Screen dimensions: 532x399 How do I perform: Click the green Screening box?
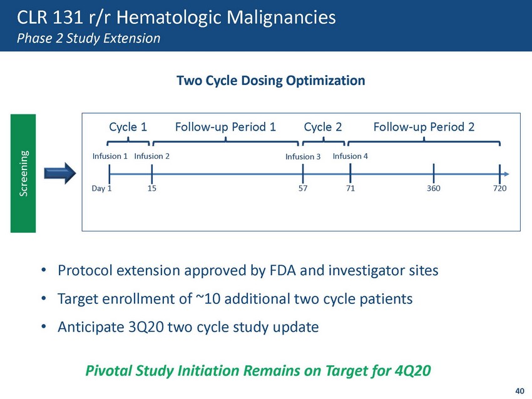(x=23, y=173)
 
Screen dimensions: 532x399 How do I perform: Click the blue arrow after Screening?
(x=60, y=173)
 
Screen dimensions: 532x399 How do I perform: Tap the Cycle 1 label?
(x=128, y=127)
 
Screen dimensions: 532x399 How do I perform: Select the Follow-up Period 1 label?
(x=225, y=127)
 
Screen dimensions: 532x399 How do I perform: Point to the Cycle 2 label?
(x=323, y=127)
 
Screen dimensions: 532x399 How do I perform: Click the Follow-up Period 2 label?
(x=424, y=127)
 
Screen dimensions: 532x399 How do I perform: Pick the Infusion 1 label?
(x=110, y=156)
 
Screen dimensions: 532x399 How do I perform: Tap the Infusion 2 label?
(x=151, y=156)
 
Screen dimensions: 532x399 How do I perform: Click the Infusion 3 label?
(x=303, y=156)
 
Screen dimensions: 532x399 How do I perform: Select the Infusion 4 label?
(x=350, y=156)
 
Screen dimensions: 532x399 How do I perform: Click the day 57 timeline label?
(x=303, y=188)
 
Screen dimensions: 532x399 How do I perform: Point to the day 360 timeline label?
(x=434, y=188)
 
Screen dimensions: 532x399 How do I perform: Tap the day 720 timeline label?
(x=500, y=188)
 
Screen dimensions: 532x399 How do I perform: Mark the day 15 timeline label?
(x=151, y=188)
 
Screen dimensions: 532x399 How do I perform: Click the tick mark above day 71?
(x=350, y=174)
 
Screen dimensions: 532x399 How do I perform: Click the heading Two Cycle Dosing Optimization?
(x=271, y=81)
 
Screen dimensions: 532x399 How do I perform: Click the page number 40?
(x=519, y=391)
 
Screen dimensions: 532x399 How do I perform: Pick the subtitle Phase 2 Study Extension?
(x=88, y=38)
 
